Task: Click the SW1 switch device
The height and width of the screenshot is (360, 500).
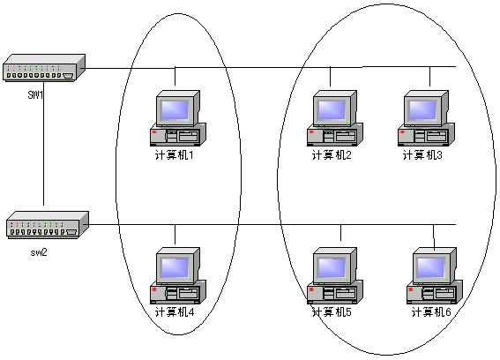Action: coord(44,68)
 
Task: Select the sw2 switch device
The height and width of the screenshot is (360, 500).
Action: coord(48,225)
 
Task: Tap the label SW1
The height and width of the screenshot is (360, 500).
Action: coord(35,94)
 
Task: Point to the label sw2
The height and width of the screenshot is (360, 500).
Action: coord(39,252)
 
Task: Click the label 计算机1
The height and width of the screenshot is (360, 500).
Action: coord(174,155)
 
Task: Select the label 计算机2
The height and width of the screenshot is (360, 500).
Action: coord(332,155)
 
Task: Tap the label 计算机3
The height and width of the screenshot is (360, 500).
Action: coord(422,155)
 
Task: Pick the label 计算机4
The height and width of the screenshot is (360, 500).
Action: coord(175,311)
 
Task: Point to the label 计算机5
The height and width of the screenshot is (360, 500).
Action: coord(332,311)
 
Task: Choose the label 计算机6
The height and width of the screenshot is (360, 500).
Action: coord(431,311)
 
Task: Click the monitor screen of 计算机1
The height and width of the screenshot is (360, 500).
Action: coord(175,109)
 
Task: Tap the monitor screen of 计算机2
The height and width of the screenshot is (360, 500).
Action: coord(332,109)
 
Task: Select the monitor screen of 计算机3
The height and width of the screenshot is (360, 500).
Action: coord(422,109)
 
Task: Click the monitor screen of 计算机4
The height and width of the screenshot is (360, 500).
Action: coord(175,267)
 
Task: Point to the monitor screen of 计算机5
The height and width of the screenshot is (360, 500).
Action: coord(332,267)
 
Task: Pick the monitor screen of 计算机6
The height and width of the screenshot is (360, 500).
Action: coord(431,267)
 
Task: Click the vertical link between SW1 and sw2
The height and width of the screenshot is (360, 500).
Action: coord(44,143)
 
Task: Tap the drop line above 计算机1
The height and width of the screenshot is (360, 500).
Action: coord(175,77)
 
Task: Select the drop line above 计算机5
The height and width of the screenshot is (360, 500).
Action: coord(341,233)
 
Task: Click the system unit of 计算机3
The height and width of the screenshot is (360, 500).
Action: coord(426,135)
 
